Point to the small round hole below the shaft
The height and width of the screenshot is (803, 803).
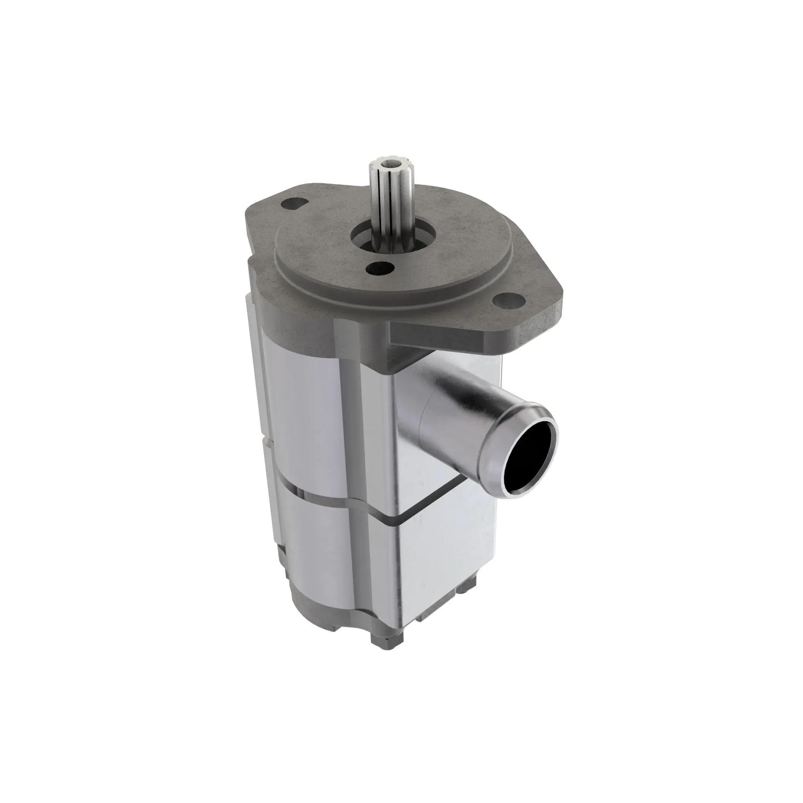click(x=380, y=268)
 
